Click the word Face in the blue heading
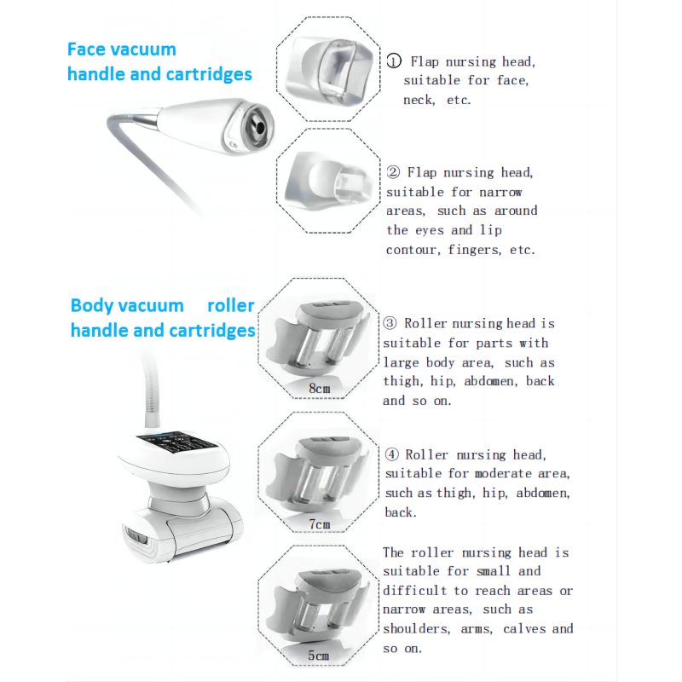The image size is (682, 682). pos(86,49)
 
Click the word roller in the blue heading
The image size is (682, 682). pos(230,305)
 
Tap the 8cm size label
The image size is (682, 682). pos(319,389)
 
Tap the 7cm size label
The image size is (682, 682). pos(319,523)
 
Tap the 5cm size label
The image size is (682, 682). pos(318,656)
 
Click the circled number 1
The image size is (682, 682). pos(394,61)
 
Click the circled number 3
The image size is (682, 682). pos(390,323)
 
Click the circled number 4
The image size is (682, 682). pos(392,455)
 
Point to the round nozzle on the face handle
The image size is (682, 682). pos(255,124)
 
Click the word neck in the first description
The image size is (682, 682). pos(418,100)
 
